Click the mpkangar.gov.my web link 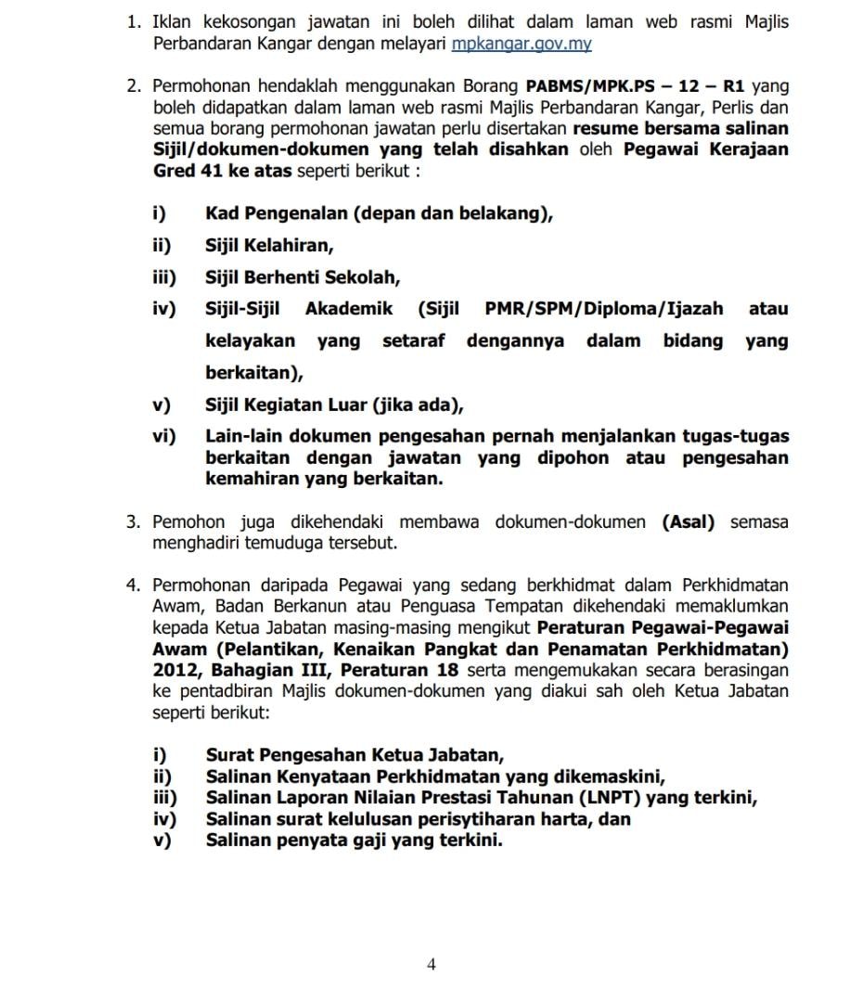pos(522,44)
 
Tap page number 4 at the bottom pos(431,964)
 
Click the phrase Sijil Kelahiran pos(269,246)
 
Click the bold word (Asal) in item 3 pos(689,522)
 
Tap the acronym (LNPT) pos(608,798)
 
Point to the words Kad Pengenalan pos(276,214)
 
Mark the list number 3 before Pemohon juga pos(133,522)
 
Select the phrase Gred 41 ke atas pos(223,172)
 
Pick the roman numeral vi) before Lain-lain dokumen pos(164,436)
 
